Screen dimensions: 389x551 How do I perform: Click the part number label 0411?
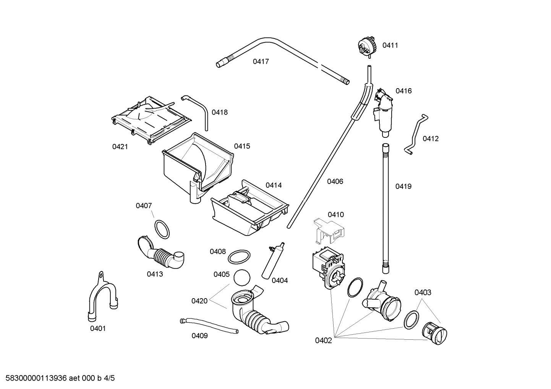coord(390,45)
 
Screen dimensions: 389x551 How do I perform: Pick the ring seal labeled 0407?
coord(162,229)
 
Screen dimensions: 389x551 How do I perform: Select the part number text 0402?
coord(323,341)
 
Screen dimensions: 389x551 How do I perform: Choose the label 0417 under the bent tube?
coord(261,61)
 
